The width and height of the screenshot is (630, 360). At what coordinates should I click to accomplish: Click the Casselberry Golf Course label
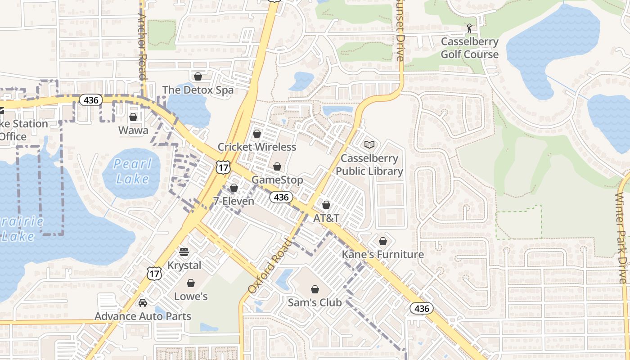[x=469, y=48]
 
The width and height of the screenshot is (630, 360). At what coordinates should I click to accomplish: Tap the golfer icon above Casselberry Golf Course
[x=470, y=28]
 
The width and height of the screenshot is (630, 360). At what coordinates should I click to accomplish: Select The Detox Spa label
[x=198, y=90]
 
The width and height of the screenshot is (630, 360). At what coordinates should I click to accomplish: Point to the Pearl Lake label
[x=131, y=171]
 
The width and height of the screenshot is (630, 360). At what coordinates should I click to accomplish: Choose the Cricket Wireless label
[x=257, y=147]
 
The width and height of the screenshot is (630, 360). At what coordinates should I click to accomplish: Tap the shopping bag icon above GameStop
[x=277, y=167]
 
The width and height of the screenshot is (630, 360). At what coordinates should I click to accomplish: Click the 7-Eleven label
[x=234, y=201]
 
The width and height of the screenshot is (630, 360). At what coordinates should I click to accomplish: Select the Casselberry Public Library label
[x=369, y=165]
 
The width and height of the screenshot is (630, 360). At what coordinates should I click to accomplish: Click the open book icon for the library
[x=369, y=145]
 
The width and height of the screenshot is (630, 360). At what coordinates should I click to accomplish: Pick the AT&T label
[x=326, y=218]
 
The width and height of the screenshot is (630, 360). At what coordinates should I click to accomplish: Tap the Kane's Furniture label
[x=383, y=254]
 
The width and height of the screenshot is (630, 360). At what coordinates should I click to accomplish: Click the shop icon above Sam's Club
[x=315, y=289]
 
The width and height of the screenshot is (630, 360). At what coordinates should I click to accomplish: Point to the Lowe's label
[x=191, y=296]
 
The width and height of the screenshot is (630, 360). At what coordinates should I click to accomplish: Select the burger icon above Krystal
[x=184, y=252]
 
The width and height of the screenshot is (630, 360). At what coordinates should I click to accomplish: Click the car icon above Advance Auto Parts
[x=143, y=303]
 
